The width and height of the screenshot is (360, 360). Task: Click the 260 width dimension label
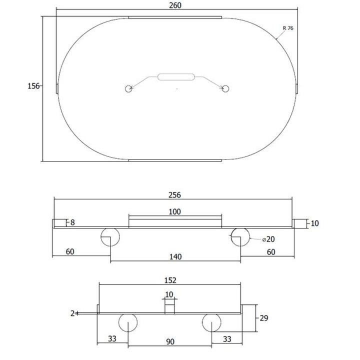tap(175, 5)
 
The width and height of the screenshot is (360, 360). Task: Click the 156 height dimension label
tap(33, 86)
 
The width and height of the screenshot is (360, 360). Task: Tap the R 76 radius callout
tap(288, 28)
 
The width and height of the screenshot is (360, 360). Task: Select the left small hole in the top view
tap(128, 88)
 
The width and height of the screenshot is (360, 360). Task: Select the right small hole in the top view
tap(225, 88)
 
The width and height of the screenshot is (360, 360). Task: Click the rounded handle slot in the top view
tap(176, 77)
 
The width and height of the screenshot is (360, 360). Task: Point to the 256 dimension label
tap(174, 195)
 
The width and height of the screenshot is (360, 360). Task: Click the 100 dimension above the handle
tap(174, 211)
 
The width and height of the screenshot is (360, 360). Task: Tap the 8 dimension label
tap(72, 222)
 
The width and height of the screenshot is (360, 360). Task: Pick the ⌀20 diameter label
tap(268, 239)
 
